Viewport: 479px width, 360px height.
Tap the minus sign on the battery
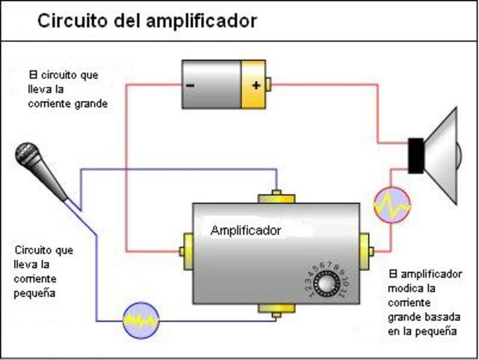tap(190, 85)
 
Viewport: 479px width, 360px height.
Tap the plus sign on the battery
tap(256, 85)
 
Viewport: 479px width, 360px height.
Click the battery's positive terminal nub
tap(269, 85)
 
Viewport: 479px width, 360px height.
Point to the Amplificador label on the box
tap(246, 230)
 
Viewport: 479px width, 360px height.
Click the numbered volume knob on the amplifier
tap(327, 284)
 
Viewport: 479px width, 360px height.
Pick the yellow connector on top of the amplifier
tap(276, 198)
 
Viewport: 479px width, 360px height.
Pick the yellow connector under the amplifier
tap(276, 308)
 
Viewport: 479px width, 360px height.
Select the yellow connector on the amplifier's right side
tap(366, 248)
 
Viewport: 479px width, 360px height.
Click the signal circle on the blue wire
tap(140, 319)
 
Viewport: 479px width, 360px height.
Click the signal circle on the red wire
tap(392, 205)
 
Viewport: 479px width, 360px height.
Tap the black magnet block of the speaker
tap(415, 156)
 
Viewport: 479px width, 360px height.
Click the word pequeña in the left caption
tap(32, 292)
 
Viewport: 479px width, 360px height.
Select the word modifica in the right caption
tap(409, 287)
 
